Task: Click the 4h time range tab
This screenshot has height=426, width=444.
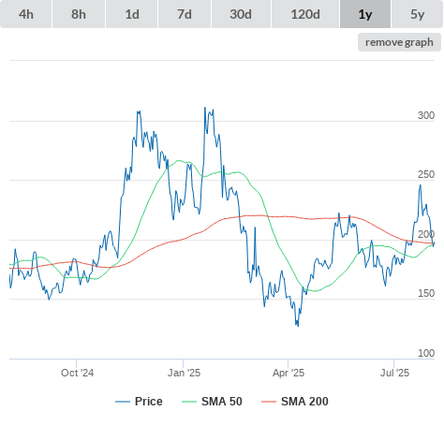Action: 26,14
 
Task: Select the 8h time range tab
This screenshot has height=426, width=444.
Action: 79,14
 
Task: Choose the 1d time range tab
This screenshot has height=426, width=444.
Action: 132,14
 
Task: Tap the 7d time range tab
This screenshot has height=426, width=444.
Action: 185,14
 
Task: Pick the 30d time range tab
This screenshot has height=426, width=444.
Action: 241,14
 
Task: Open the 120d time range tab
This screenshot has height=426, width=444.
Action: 305,14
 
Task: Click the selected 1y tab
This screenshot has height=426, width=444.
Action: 365,14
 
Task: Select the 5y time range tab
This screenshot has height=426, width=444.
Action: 418,14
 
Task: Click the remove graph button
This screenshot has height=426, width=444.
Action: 399,42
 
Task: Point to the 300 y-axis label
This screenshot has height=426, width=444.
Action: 426,115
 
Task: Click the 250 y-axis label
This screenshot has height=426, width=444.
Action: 426,175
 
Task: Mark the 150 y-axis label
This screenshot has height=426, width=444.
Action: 426,293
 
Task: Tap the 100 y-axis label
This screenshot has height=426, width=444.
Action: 426,353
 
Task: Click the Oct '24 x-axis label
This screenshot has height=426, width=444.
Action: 77,373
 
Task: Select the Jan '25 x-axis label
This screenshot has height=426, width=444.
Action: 184,373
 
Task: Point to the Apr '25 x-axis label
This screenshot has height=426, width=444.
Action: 289,373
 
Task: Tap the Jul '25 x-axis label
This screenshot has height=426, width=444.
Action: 394,373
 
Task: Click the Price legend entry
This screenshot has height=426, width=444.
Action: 139,402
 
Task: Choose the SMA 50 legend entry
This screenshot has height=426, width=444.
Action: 212,402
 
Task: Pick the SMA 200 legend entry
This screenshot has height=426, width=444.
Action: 295,402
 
